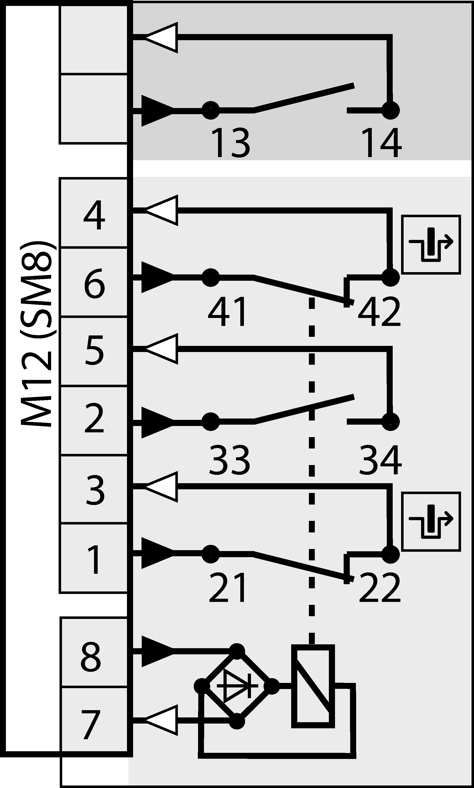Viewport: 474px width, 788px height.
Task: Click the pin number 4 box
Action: (94, 213)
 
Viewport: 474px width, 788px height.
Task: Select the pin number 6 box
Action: (94, 283)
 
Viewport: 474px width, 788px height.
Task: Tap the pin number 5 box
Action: (94, 351)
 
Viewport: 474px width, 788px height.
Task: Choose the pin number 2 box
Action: (94, 421)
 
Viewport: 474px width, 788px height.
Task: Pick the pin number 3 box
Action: (94, 490)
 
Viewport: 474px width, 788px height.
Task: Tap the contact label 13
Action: (230, 143)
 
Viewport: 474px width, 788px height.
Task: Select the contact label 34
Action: (380, 460)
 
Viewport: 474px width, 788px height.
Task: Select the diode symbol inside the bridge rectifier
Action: (237, 686)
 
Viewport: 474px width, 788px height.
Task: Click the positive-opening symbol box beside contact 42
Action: (431, 244)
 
